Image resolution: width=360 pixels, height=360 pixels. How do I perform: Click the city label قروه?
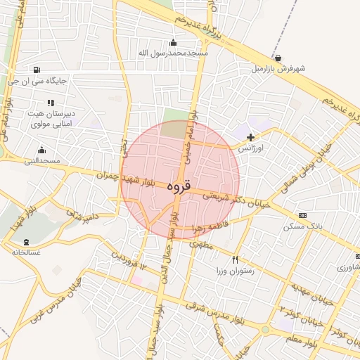(x=179, y=188)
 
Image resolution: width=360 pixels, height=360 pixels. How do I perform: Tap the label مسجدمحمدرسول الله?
(x=174, y=53)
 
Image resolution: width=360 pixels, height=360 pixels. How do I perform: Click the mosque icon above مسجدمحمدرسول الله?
(x=174, y=42)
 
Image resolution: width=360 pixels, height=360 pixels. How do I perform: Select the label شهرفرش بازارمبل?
(x=279, y=69)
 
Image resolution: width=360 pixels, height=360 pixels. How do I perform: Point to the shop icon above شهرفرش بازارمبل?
(x=279, y=58)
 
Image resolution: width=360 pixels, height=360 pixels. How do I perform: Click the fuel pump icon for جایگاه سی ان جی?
(x=36, y=70)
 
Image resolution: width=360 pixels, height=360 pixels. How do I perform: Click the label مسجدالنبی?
(x=42, y=161)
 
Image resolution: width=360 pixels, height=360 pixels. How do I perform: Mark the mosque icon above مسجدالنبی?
(x=41, y=150)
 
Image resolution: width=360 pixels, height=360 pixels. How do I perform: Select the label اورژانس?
(x=250, y=149)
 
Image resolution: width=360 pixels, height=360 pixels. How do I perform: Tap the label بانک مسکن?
(x=303, y=226)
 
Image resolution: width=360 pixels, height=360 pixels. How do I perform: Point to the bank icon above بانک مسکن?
(x=302, y=215)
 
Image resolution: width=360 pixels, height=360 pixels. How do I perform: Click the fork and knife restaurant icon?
(x=235, y=259)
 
